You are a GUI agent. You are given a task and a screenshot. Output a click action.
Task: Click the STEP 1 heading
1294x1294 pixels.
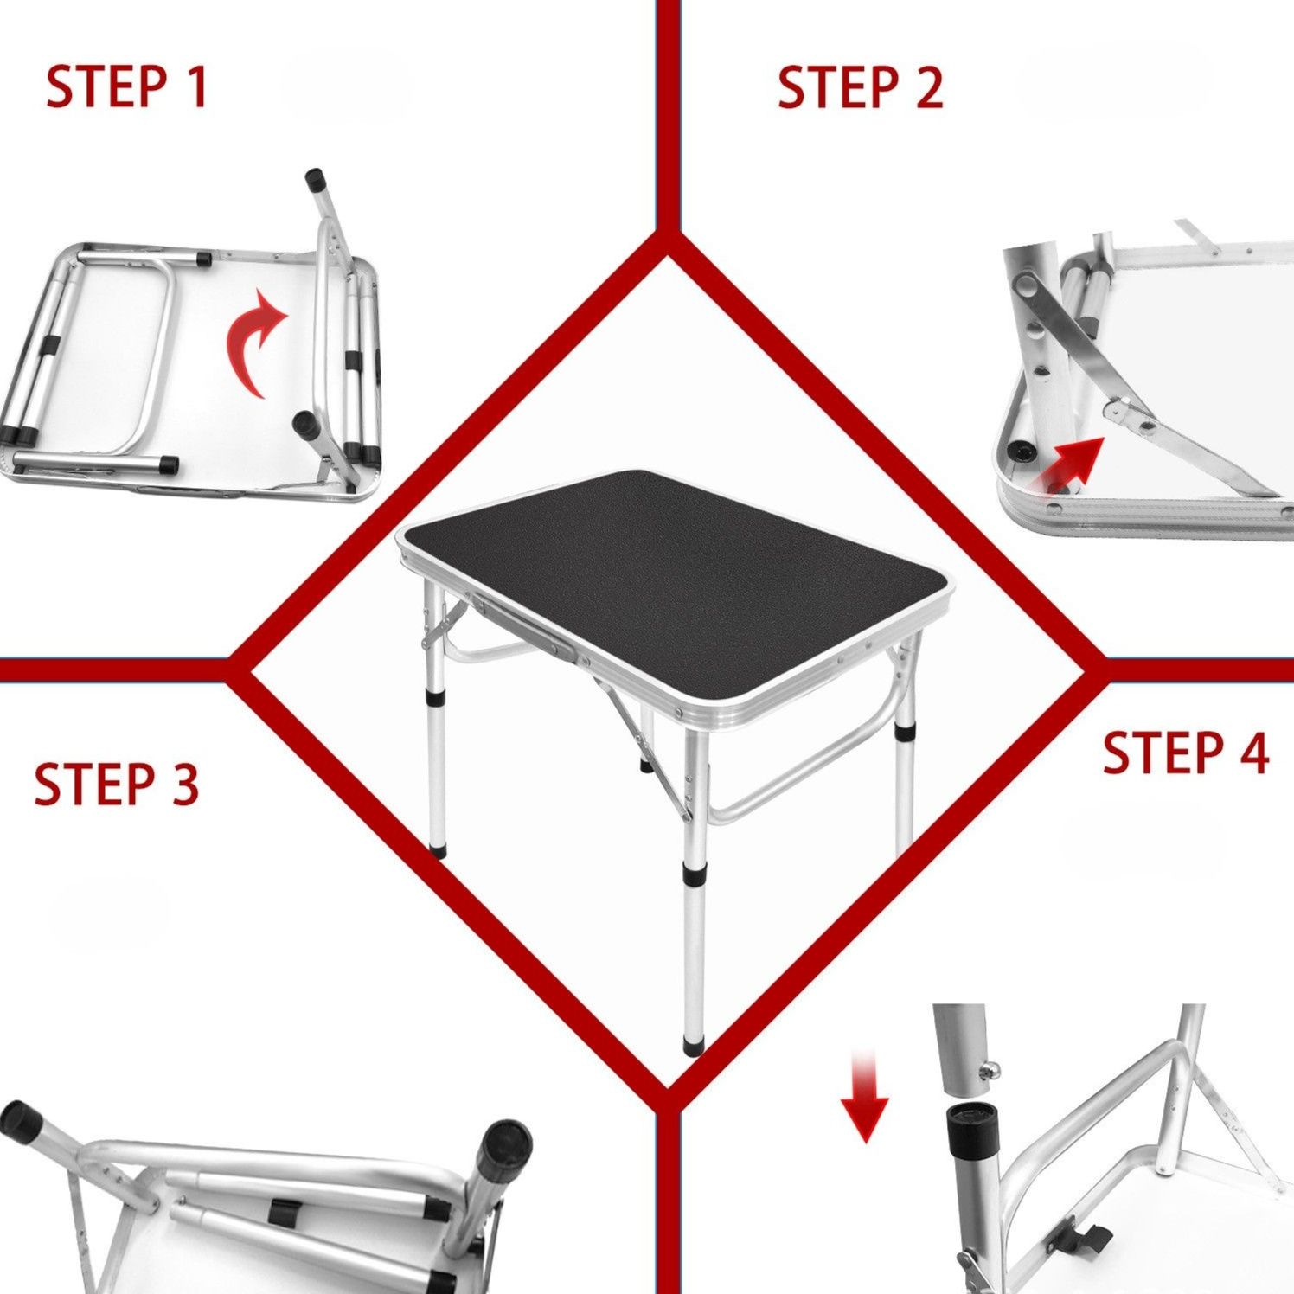pos(127,86)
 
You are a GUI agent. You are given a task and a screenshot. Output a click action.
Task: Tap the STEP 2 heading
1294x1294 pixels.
pos(860,87)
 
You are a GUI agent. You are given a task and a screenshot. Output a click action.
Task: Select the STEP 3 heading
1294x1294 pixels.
pos(117,784)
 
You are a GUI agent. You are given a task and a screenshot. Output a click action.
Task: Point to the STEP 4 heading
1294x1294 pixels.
pos(1185,752)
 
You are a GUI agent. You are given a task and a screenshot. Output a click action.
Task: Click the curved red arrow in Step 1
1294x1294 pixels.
pos(251,346)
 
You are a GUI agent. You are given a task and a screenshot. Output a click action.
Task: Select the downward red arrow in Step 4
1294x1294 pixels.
pos(864,1095)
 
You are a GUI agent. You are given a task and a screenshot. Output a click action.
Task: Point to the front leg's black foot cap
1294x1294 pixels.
pos(693,1045)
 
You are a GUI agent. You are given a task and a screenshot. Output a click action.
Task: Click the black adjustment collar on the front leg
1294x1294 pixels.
pos(693,874)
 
